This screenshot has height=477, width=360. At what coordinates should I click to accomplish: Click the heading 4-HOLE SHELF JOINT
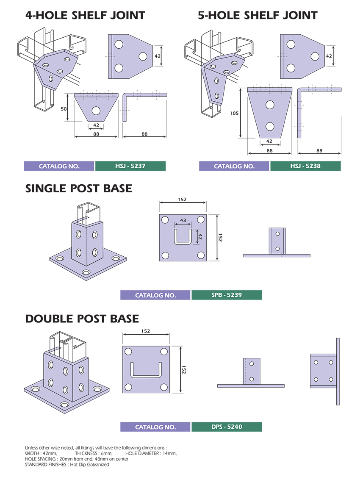tap(85, 15)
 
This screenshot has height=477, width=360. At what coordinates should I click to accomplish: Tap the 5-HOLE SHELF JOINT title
tap(258, 15)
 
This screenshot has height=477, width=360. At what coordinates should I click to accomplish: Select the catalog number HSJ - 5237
tap(130, 166)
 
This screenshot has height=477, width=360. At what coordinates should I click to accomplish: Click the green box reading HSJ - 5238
tap(305, 166)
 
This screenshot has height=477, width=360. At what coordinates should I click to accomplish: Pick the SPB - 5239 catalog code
tap(227, 295)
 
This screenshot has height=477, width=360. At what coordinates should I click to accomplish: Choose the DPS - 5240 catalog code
tap(227, 427)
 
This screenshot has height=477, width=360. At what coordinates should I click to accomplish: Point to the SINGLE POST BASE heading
tap(78, 189)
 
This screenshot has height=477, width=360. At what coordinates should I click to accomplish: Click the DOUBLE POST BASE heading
tap(82, 319)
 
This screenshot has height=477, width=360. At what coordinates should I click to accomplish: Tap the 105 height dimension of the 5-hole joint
tap(234, 113)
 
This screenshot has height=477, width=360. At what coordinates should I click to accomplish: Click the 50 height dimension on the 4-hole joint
tap(64, 108)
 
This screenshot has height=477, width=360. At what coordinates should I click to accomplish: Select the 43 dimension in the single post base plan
tap(183, 220)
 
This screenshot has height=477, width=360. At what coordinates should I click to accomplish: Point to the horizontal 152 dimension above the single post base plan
tap(182, 200)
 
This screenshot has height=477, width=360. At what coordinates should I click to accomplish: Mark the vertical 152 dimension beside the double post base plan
tap(184, 369)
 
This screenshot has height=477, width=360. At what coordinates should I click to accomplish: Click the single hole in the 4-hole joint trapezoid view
tap(96, 111)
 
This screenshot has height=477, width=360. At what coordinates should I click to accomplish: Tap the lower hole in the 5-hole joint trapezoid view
tap(270, 126)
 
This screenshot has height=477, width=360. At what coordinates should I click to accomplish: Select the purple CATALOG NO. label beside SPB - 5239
tap(155, 295)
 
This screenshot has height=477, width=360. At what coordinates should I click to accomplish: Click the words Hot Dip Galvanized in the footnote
tap(89, 465)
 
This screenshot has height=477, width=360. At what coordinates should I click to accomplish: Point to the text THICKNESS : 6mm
tap(94, 453)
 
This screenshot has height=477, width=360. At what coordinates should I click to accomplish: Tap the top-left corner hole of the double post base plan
tap(128, 352)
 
